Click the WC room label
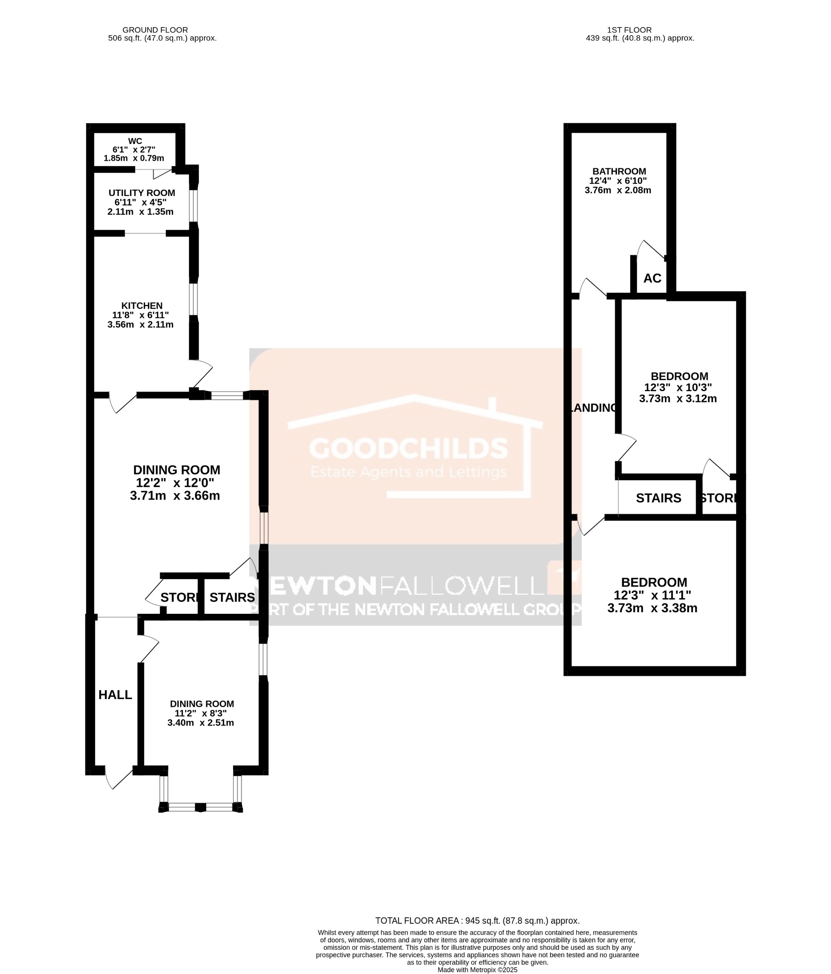(135, 141)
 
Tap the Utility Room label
(141, 193)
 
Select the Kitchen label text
(141, 306)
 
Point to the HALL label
(115, 695)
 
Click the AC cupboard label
(652, 278)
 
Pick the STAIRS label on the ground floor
(232, 597)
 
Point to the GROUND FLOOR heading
(155, 30)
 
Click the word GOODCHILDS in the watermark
(409, 448)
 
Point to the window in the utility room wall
(193, 205)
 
